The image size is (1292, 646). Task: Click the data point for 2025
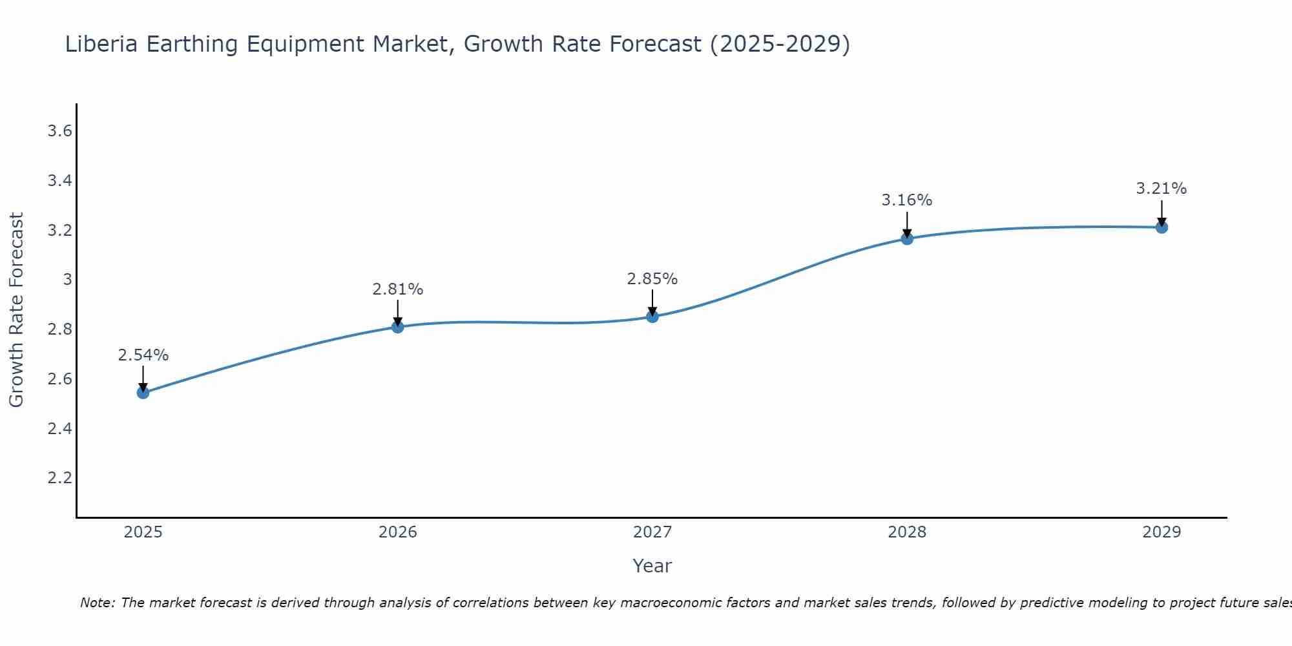click(x=143, y=393)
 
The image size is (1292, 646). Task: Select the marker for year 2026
click(x=397, y=327)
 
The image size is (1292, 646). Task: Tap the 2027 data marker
click(x=652, y=317)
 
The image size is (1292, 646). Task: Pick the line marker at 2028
click(x=907, y=239)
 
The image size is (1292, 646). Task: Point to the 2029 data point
click(x=1162, y=227)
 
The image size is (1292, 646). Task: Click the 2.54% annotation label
click(x=143, y=355)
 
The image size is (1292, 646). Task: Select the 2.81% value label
click(x=397, y=289)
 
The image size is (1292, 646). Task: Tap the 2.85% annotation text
click(x=652, y=279)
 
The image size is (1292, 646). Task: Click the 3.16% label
click(x=907, y=200)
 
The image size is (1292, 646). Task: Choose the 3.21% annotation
click(x=1162, y=189)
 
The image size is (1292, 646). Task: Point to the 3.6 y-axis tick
click(x=59, y=131)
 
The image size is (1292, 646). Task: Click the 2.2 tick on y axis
click(x=59, y=478)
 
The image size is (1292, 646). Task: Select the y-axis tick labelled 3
click(x=67, y=280)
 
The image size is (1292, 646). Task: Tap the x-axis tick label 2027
click(x=652, y=532)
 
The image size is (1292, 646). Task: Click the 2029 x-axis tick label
click(x=1162, y=532)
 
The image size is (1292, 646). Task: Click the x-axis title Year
click(x=652, y=566)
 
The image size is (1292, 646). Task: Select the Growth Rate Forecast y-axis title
click(x=16, y=310)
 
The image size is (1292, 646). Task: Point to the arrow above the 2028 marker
click(x=907, y=224)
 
